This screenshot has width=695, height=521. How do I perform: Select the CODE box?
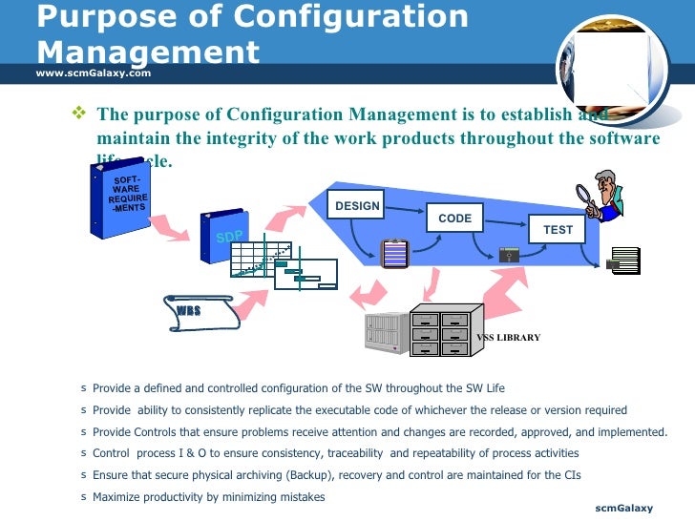coord(454,219)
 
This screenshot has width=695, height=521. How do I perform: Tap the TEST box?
coord(558,230)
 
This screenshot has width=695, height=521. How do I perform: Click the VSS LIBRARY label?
coord(508,338)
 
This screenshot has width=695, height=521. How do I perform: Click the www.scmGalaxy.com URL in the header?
coord(94,73)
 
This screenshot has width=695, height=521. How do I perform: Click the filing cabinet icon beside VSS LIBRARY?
coord(440,329)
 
